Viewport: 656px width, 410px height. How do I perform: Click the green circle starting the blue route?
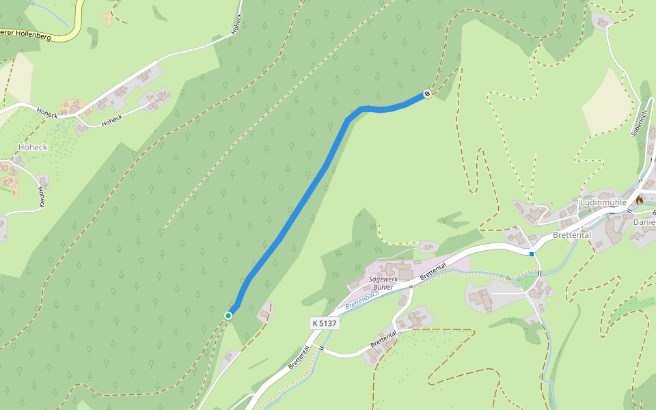pos(228,315)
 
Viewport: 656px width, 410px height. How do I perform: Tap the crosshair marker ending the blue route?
pos(427,94)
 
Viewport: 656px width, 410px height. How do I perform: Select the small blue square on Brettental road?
pos(532,254)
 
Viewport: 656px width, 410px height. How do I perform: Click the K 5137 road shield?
pos(324,323)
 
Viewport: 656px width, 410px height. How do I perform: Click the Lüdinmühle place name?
pos(603,202)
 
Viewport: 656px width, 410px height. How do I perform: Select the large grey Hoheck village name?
pos(33,147)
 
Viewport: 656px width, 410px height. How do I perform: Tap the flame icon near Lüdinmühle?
pos(640,200)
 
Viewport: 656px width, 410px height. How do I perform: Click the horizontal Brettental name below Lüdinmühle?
pos(571,234)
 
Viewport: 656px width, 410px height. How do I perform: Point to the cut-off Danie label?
pos(644,222)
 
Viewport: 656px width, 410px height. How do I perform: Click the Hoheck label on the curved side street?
pos(111,121)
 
